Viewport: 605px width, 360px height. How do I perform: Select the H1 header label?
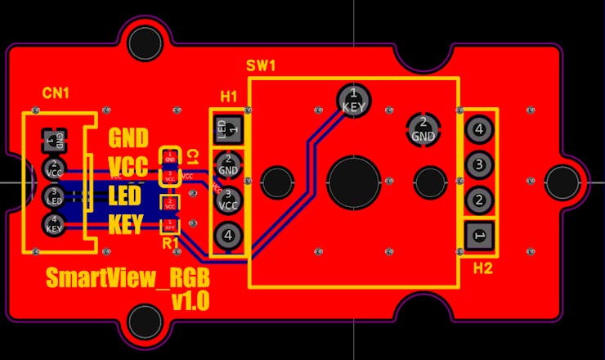229,97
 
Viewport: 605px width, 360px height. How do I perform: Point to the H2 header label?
484,267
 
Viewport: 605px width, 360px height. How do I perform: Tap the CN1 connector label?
56,94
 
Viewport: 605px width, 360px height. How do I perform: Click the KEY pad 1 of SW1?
353,101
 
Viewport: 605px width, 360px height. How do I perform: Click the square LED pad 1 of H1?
228,128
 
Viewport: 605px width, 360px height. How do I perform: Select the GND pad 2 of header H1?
228,164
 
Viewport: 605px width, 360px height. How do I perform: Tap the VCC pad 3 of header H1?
228,200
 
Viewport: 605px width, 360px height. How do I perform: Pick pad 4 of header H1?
228,236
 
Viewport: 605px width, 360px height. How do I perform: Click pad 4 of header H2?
479,128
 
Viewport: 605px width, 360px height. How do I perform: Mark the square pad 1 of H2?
479,236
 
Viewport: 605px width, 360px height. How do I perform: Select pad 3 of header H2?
479,164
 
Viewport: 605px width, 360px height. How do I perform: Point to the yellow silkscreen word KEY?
127,224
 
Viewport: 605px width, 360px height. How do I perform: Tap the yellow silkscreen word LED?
126,196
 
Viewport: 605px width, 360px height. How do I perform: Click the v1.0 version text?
190,301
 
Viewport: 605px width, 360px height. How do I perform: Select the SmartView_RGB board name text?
122,277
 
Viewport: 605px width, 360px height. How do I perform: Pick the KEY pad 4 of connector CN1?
54,224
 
